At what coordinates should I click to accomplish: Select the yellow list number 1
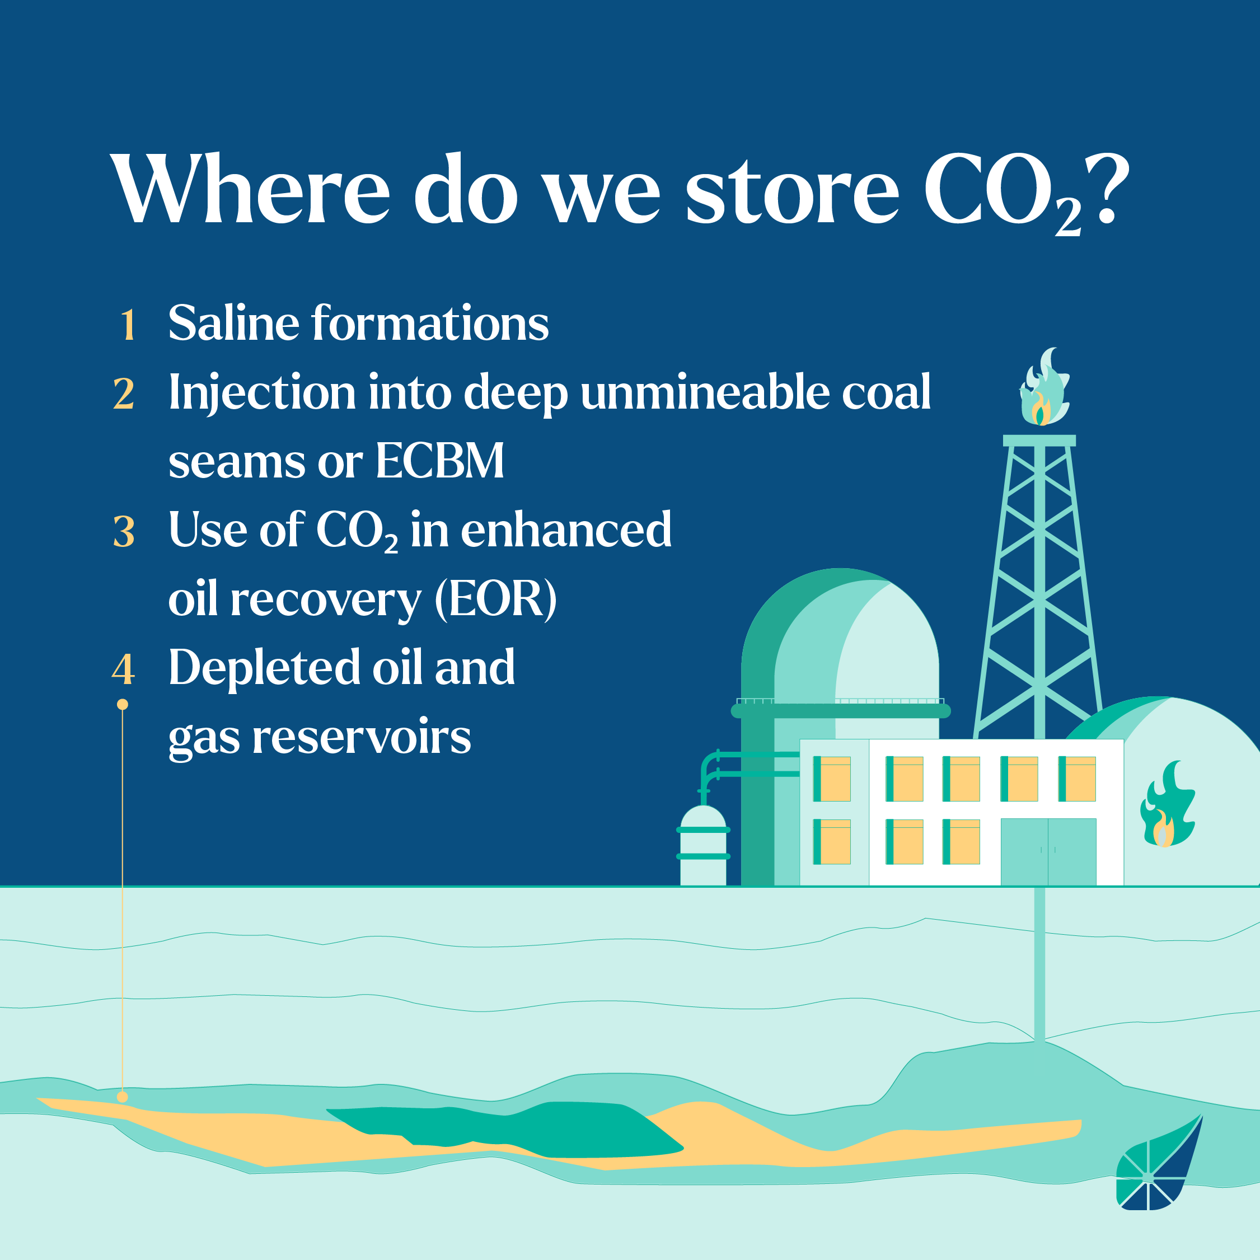(128, 324)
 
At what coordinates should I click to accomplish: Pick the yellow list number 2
(124, 394)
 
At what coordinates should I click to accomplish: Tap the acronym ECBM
(439, 461)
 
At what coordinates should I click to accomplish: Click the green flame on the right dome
(1168, 804)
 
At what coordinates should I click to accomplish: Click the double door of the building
(1048, 852)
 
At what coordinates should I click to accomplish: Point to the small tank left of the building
(703, 845)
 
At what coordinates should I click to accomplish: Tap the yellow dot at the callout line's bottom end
(123, 1097)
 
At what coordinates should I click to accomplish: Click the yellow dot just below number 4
(123, 704)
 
